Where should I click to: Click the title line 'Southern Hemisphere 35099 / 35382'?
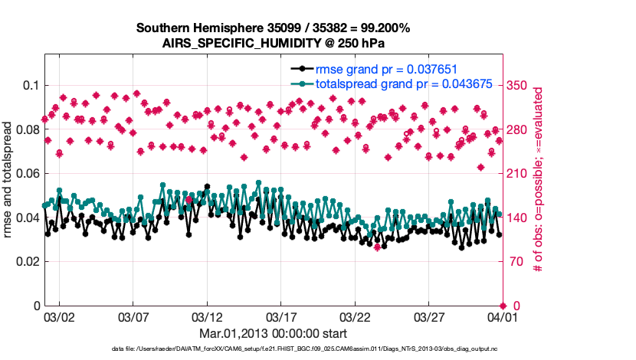[273, 28]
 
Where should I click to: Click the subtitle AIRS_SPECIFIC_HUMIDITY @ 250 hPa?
[273, 42]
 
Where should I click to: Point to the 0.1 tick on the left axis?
[28, 85]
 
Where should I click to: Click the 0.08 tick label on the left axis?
[25, 129]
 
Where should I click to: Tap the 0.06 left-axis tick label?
[25, 173]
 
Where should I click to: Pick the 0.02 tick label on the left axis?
[25, 262]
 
